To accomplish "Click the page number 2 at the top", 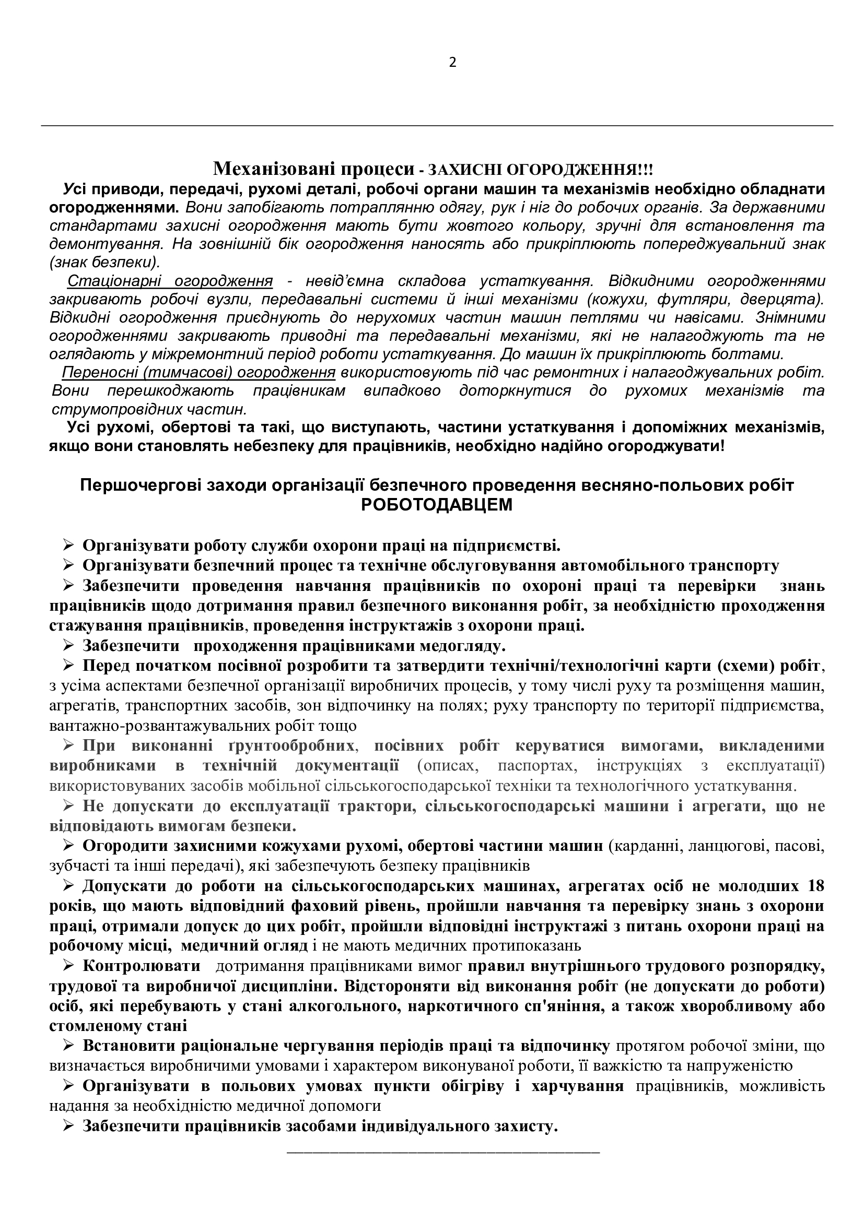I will [453, 63].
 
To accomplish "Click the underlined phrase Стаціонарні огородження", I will [170, 281].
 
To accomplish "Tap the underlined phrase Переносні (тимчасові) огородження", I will [199, 372].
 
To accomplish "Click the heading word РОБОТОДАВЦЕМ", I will [436, 505].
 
